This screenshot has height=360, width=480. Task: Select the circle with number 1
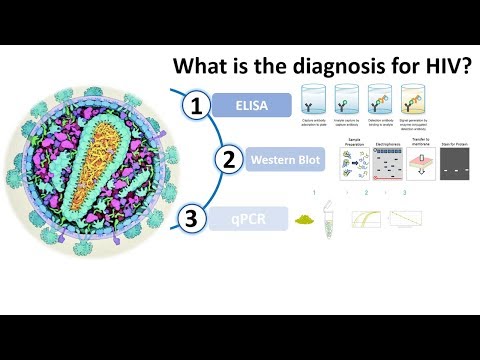coord(199,106)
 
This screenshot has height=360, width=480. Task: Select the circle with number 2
coord(229,159)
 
